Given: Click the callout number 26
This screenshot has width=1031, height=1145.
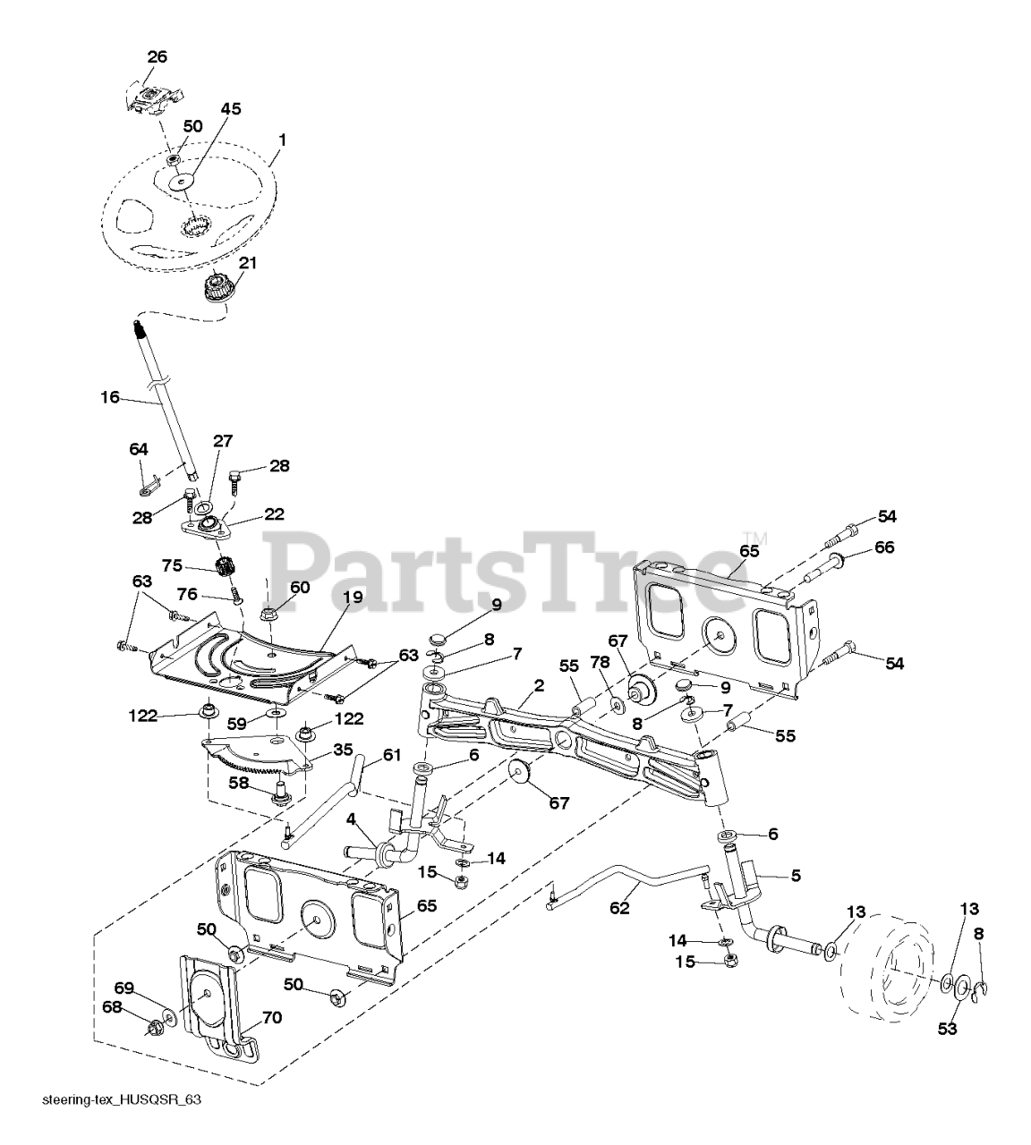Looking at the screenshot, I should click(157, 56).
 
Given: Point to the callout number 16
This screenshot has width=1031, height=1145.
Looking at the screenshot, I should click(110, 396).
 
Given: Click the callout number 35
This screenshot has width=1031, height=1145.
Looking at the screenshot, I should click(343, 749).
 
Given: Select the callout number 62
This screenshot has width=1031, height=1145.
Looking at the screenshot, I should click(619, 907).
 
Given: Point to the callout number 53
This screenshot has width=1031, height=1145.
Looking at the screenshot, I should click(947, 1029).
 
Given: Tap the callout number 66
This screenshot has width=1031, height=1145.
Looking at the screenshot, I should click(884, 547).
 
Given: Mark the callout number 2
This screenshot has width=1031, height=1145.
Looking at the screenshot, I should click(539, 685).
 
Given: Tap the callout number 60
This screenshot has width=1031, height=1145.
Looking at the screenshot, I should click(299, 587).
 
